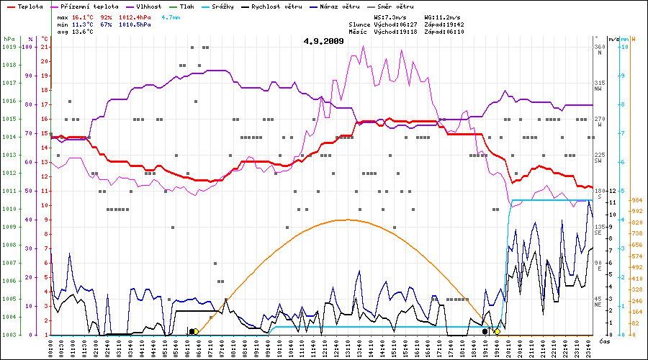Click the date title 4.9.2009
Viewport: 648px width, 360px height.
(x=323, y=41)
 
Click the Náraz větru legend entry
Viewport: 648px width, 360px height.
(x=338, y=6)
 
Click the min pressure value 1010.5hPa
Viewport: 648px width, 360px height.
(x=135, y=24)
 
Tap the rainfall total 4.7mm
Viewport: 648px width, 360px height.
(x=171, y=16)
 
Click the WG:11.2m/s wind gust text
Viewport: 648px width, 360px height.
(x=442, y=16)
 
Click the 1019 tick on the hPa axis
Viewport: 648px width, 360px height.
(x=9, y=47)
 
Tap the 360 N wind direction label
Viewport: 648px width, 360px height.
(x=598, y=50)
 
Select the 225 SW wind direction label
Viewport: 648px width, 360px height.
(x=598, y=158)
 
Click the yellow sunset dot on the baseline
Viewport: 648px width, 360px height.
(x=497, y=331)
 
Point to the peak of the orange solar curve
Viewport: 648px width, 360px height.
(x=347, y=220)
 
